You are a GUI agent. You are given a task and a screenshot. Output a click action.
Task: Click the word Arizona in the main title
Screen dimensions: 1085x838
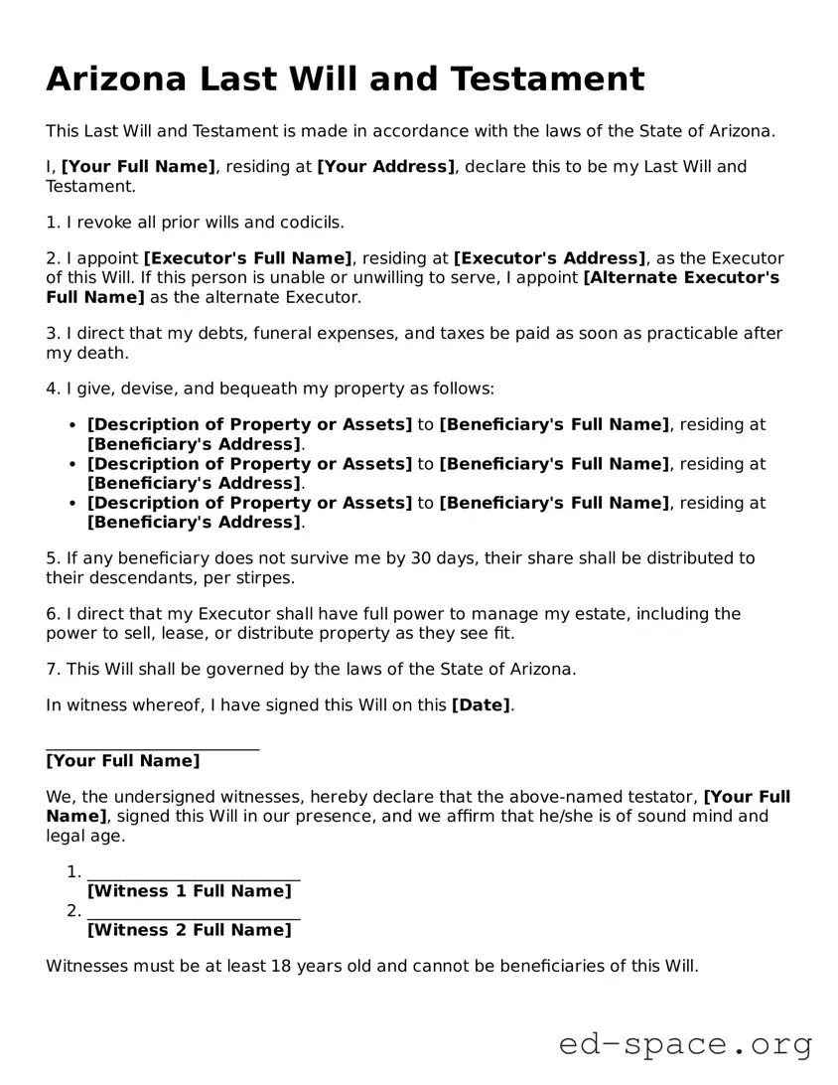(115, 78)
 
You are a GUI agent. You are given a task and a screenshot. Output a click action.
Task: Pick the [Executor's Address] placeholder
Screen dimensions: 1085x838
(549, 258)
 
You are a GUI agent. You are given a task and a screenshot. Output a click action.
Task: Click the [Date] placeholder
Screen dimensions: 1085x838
(481, 705)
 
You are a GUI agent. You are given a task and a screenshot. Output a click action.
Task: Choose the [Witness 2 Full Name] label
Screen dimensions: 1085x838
(190, 931)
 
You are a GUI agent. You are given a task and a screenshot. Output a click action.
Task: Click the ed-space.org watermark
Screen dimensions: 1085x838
(685, 1044)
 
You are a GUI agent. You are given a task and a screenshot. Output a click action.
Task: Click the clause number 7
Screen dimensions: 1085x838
(51, 670)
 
